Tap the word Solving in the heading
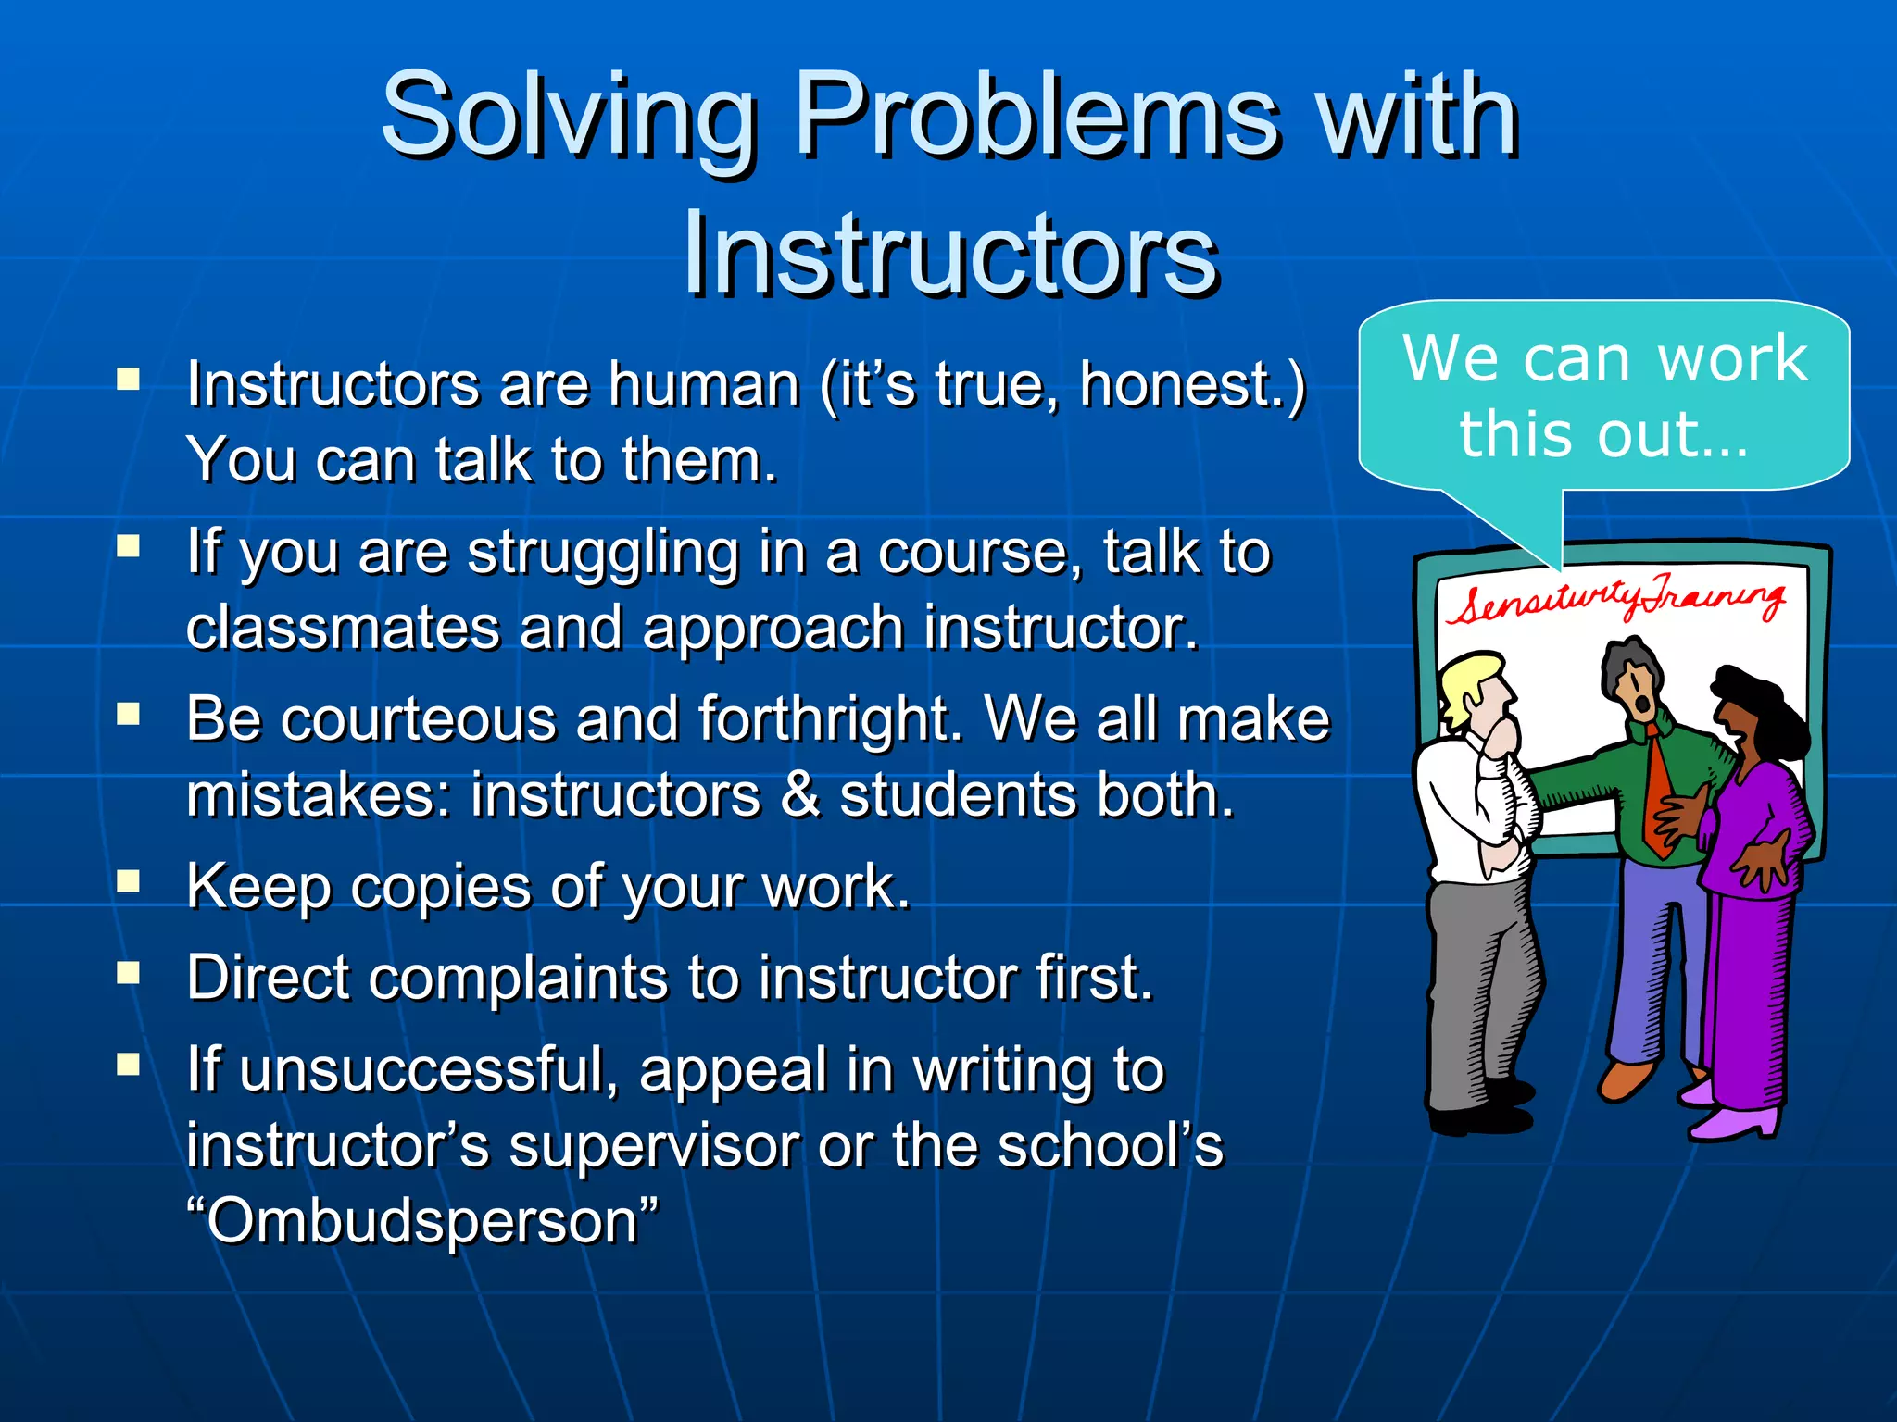click(x=569, y=115)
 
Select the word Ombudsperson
click(x=422, y=1221)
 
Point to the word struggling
click(x=603, y=553)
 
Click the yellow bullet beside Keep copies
click(x=128, y=881)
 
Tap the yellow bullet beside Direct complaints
click(x=128, y=972)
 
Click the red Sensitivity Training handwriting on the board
click(x=1615, y=602)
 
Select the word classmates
click(x=343, y=629)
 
